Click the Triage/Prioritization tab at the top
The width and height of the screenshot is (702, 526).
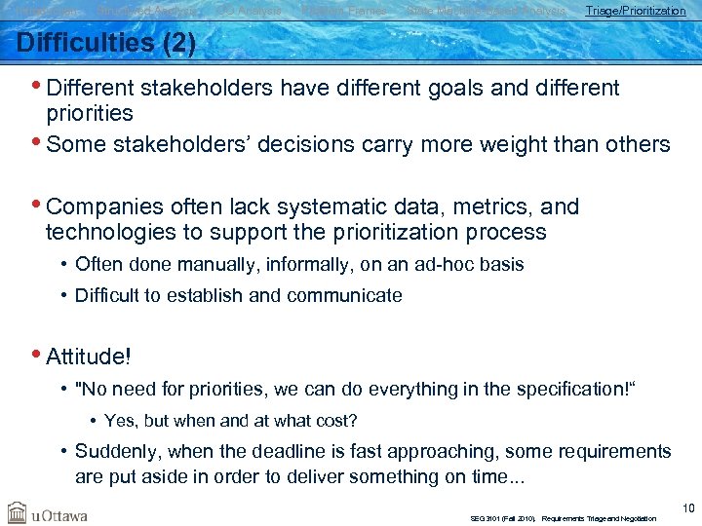coord(635,11)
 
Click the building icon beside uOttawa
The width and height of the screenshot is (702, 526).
coord(18,512)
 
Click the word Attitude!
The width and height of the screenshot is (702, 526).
coord(89,357)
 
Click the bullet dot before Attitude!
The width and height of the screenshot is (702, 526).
coord(38,356)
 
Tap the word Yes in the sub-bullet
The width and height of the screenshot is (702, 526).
coord(119,421)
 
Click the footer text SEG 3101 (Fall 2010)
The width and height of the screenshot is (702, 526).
coord(502,519)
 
